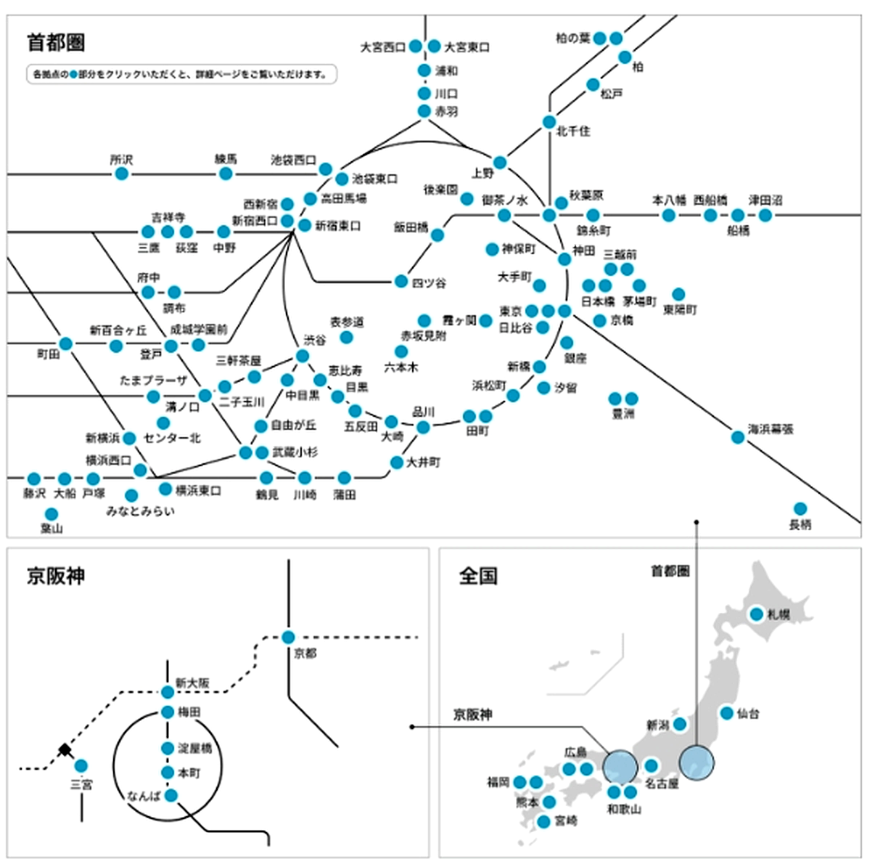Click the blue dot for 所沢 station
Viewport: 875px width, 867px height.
122,174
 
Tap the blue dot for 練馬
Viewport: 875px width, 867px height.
226,174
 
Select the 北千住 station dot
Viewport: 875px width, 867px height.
549,122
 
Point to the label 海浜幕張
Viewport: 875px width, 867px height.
771,429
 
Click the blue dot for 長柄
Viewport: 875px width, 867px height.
800,508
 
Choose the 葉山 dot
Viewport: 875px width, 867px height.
51,514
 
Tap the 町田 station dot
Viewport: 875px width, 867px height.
66,343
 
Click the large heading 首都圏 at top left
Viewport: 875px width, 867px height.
56,42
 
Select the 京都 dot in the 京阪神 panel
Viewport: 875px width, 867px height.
288,638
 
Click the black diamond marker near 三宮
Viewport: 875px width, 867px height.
65,749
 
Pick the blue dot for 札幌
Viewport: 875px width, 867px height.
757,614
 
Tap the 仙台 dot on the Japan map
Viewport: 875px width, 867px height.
726,713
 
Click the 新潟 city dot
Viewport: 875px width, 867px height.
680,723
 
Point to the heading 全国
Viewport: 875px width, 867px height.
478,576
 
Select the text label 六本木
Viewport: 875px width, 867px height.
400,367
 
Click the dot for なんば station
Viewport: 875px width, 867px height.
171,796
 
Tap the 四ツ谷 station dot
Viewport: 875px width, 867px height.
401,281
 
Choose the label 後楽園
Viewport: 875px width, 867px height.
440,190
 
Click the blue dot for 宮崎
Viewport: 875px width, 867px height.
544,822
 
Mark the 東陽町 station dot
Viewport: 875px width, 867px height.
678,294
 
